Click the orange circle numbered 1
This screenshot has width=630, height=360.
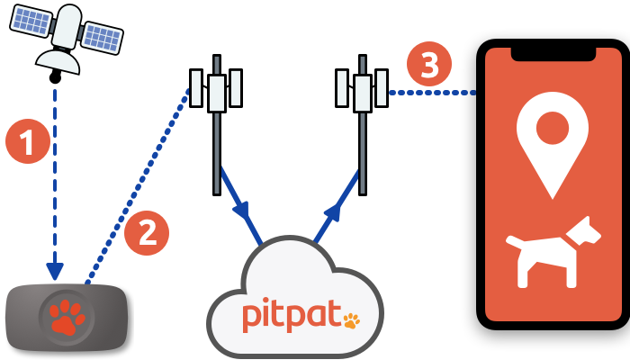point(27,141)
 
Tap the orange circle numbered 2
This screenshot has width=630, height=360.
point(147,232)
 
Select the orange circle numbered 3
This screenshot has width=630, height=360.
point(428,64)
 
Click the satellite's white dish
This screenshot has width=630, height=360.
point(58,60)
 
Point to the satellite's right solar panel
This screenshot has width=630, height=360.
point(101,37)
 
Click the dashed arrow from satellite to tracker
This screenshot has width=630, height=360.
point(55,180)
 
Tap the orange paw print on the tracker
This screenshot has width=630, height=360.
point(67,316)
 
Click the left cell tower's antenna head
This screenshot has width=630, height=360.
point(216,90)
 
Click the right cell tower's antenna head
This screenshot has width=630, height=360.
point(362,90)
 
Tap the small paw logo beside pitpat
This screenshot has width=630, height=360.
point(351,319)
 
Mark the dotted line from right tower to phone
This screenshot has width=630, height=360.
point(432,92)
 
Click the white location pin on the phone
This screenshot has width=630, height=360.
point(553,135)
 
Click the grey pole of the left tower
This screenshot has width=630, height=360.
point(217,153)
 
